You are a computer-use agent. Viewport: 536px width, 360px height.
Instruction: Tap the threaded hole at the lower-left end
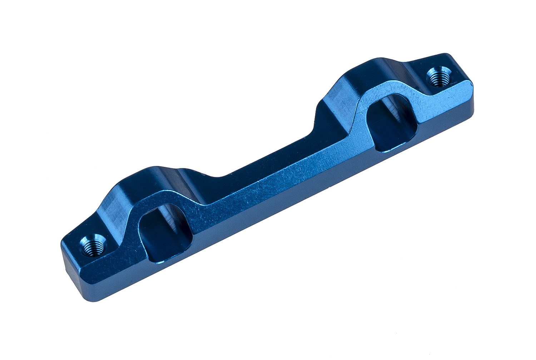point(93,246)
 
